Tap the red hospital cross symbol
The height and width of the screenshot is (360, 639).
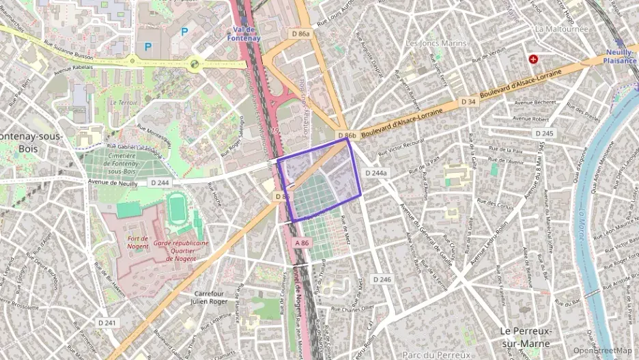(x=532, y=59)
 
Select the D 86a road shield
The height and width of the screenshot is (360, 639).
(x=300, y=33)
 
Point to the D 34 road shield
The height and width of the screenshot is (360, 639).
(x=468, y=102)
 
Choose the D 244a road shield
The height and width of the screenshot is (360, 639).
(x=375, y=174)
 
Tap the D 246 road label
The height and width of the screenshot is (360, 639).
(x=382, y=279)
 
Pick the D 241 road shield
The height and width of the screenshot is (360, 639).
(x=106, y=322)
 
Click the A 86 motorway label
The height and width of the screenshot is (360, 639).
(x=303, y=243)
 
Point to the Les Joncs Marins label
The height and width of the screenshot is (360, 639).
(x=436, y=43)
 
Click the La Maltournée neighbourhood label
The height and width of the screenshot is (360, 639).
(x=560, y=29)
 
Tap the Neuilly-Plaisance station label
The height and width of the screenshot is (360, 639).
(x=620, y=56)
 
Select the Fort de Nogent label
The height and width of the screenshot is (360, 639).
(x=142, y=238)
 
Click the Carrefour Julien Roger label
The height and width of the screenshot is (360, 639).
(x=209, y=298)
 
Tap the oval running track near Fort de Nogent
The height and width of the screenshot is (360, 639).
(x=177, y=208)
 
